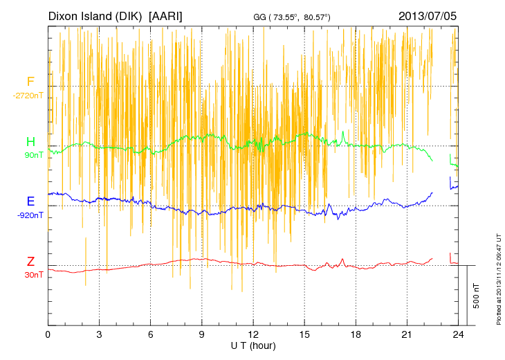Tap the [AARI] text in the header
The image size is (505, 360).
[x=166, y=16]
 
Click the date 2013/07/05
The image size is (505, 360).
[x=428, y=16]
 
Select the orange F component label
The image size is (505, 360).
[x=30, y=82]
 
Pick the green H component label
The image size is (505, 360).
[x=30, y=142]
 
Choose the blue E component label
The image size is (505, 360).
[x=30, y=201]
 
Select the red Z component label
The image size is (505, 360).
[x=30, y=261]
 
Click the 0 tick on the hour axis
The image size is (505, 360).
[x=48, y=334]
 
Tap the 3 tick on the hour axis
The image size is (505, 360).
[x=99, y=334]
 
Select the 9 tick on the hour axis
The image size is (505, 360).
[x=202, y=334]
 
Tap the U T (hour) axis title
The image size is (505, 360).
[x=253, y=345]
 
